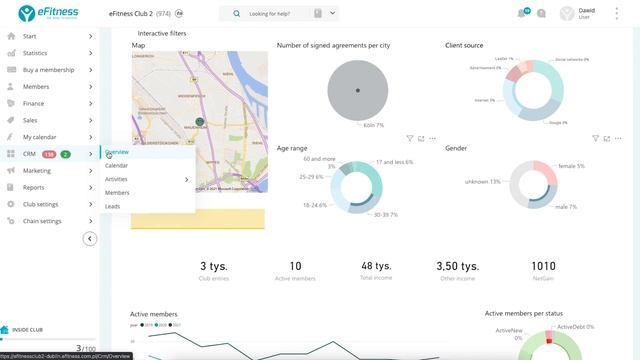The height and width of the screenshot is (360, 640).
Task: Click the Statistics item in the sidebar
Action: point(35,52)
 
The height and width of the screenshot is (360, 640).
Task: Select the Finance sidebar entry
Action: point(34,103)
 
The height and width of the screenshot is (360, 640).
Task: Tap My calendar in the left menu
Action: point(40,137)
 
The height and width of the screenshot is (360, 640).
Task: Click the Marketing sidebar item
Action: point(37,171)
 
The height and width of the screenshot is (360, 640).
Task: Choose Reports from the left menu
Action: point(34,187)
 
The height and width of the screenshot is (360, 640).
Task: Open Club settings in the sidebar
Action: point(41,204)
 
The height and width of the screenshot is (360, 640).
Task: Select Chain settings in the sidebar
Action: point(42,221)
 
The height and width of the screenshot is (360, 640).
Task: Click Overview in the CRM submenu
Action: point(117,152)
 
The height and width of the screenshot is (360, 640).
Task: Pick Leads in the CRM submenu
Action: point(113,206)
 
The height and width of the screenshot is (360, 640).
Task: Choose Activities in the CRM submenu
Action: point(117,179)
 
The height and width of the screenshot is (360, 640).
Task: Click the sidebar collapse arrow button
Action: point(90,239)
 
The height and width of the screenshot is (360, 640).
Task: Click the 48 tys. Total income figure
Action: point(376,266)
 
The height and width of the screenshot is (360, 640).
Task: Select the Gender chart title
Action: point(456,148)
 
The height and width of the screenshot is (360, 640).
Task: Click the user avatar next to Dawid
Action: point(569,14)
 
